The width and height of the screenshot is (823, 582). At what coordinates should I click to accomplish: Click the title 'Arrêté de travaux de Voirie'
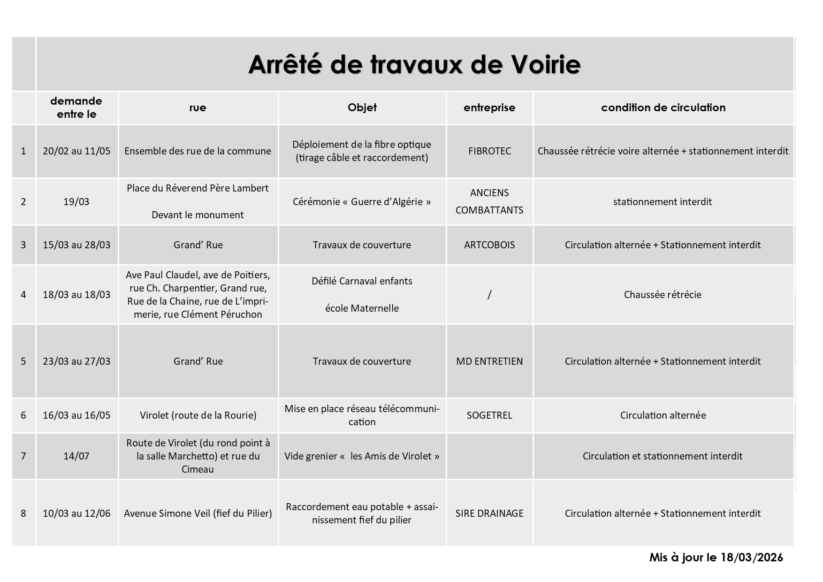pyautogui.click(x=414, y=64)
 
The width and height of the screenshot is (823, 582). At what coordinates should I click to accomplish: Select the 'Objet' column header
pyautogui.click(x=362, y=107)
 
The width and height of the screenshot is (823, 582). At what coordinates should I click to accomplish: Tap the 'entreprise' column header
pyautogui.click(x=489, y=107)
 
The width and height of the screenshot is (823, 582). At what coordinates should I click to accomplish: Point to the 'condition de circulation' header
pyautogui.click(x=663, y=107)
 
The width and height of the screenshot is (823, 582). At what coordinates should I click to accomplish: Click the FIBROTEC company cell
pyautogui.click(x=489, y=151)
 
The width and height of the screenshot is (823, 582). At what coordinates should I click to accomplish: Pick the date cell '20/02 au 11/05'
pyautogui.click(x=76, y=151)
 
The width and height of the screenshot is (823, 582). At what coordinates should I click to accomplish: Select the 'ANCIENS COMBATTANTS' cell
pyautogui.click(x=489, y=201)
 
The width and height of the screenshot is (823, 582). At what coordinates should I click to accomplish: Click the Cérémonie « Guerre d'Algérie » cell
pyautogui.click(x=362, y=202)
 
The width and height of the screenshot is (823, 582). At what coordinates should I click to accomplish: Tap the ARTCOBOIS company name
pyautogui.click(x=489, y=245)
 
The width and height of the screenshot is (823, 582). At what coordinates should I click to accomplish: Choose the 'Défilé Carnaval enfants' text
pyautogui.click(x=362, y=281)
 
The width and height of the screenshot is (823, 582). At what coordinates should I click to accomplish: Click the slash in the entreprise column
pyautogui.click(x=489, y=294)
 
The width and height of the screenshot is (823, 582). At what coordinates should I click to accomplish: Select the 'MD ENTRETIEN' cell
pyautogui.click(x=489, y=361)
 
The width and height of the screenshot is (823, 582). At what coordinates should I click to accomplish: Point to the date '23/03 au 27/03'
pyautogui.click(x=76, y=361)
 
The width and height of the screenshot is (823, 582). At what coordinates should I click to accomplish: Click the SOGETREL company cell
pyautogui.click(x=489, y=415)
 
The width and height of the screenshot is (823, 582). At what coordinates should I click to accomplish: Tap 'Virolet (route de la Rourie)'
pyautogui.click(x=198, y=415)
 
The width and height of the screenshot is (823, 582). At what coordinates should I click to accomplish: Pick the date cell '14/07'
pyautogui.click(x=76, y=456)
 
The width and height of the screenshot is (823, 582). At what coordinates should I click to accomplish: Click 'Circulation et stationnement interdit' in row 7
pyautogui.click(x=663, y=456)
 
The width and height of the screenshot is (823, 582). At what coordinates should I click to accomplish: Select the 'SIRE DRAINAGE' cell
pyautogui.click(x=489, y=513)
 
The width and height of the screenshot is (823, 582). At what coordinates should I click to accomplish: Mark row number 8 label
pyautogui.click(x=23, y=513)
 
